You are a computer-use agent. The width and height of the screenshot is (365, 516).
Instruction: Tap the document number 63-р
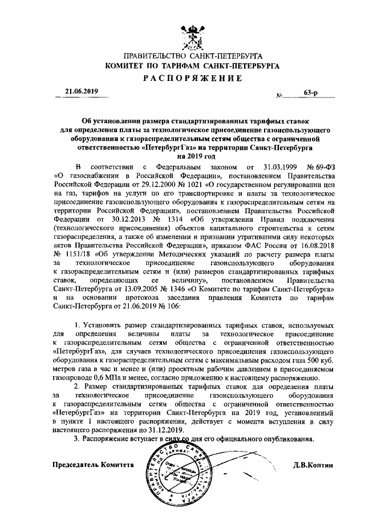310,91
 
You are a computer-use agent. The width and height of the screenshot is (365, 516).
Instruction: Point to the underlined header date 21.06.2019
82,91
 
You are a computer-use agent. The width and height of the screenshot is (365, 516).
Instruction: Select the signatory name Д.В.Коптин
313,464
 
